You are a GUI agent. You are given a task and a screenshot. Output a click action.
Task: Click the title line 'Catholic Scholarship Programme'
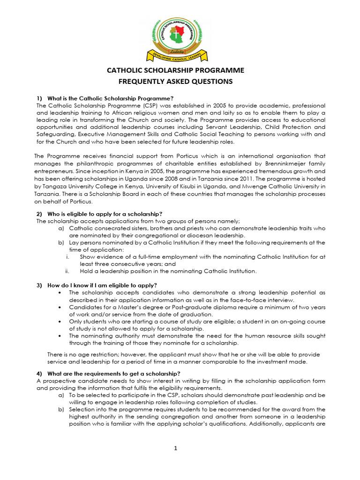(x=176, y=71)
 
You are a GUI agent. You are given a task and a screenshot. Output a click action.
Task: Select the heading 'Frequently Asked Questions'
(x=176, y=82)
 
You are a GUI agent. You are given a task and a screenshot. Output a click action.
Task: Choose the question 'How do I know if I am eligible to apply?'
(x=102, y=285)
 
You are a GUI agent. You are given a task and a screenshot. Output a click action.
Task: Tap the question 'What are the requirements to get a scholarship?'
(x=113, y=374)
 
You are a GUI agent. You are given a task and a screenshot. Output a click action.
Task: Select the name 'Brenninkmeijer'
(x=247, y=164)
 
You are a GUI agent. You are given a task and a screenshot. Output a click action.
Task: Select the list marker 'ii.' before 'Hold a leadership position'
(x=67, y=271)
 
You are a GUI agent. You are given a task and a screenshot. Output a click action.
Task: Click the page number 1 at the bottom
(x=176, y=448)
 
